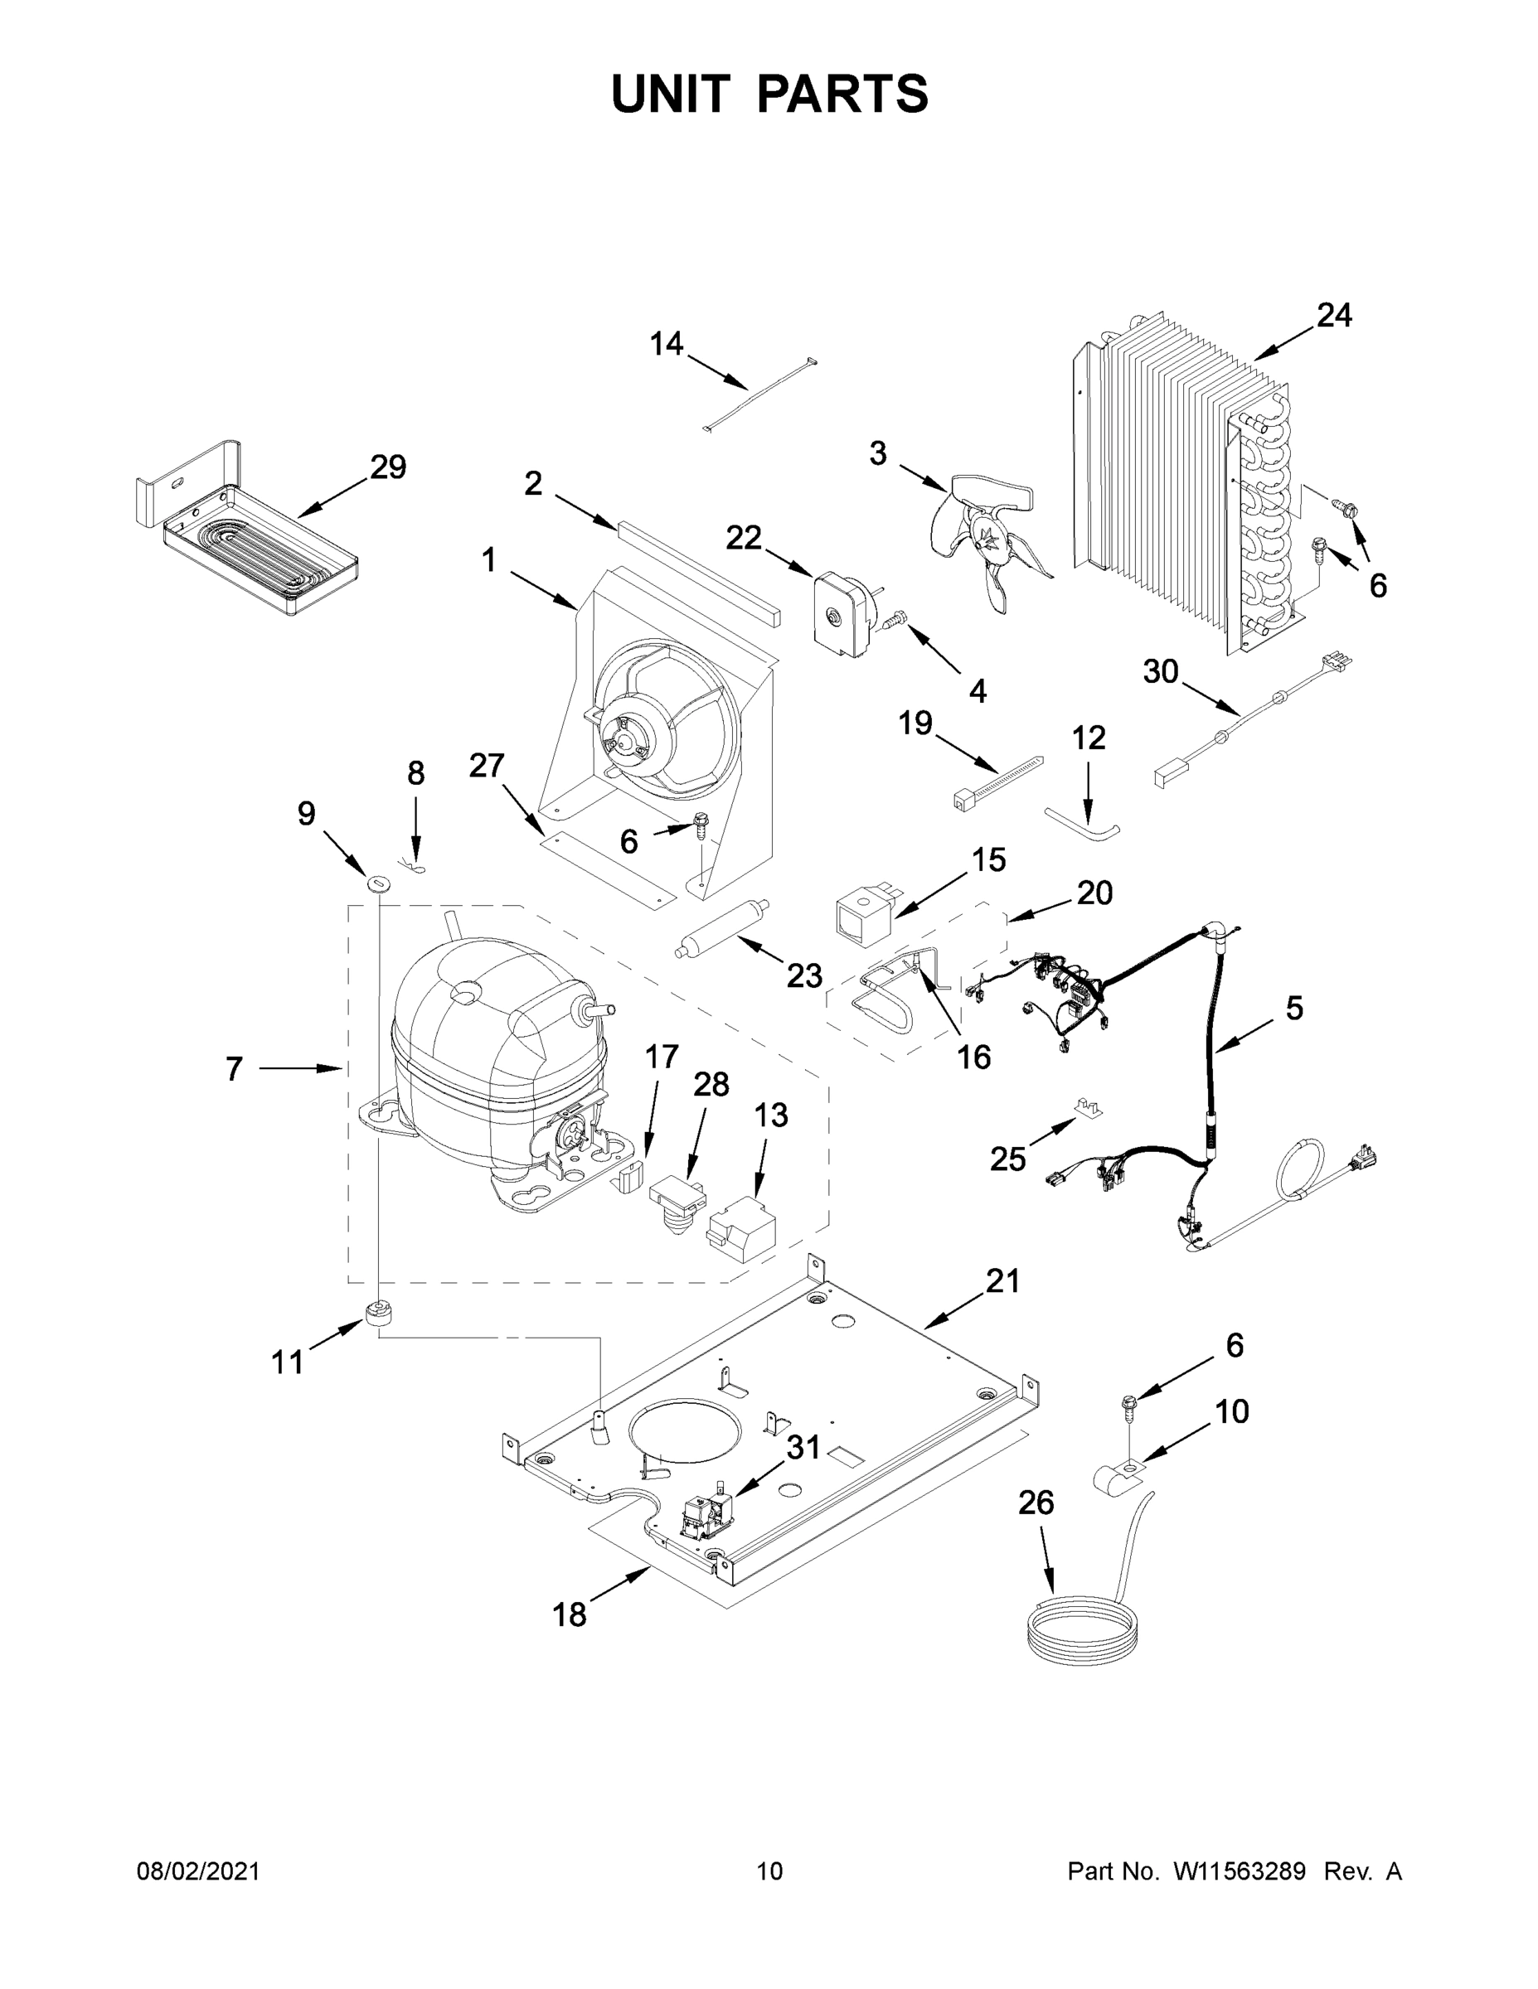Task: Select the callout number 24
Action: click(1334, 316)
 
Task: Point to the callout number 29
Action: click(388, 467)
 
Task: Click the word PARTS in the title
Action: click(843, 94)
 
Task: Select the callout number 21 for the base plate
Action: click(1002, 1281)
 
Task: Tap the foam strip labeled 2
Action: click(699, 570)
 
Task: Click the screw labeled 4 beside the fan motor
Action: click(894, 619)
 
